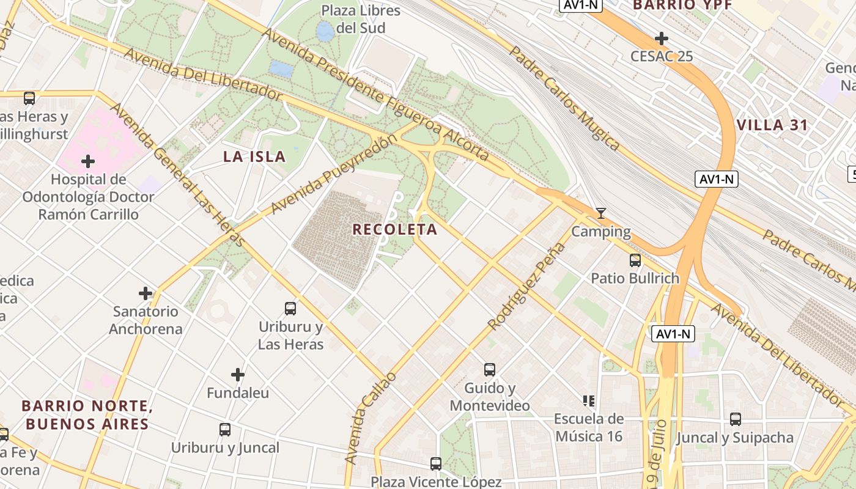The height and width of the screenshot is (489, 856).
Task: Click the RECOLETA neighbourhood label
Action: tap(395, 230)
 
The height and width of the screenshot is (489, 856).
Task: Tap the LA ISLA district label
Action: tap(254, 156)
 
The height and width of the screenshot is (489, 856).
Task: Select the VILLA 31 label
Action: tap(772, 126)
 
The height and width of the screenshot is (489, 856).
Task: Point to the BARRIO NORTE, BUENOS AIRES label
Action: tap(86, 415)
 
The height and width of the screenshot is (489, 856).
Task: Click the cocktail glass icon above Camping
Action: tap(601, 213)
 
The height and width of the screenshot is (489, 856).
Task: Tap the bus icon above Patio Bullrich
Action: tap(635, 260)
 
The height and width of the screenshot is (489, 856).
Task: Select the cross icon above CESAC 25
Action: tap(661, 39)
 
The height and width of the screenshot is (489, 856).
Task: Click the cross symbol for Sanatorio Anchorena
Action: tap(146, 293)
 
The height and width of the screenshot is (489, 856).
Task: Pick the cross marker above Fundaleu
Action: tap(238, 375)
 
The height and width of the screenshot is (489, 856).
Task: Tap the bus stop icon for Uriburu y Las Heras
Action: tap(290, 309)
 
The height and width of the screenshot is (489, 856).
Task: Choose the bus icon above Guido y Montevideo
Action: tap(490, 369)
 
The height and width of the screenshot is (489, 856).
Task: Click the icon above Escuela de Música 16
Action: tap(588, 401)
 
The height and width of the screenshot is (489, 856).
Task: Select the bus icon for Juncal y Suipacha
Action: tap(736, 419)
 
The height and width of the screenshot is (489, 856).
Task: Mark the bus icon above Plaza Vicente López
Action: tap(436, 464)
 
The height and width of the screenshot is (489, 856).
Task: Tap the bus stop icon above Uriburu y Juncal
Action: tap(225, 430)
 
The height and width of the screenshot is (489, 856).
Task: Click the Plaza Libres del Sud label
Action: tap(361, 20)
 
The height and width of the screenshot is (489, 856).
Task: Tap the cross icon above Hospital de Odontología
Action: tap(88, 161)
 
